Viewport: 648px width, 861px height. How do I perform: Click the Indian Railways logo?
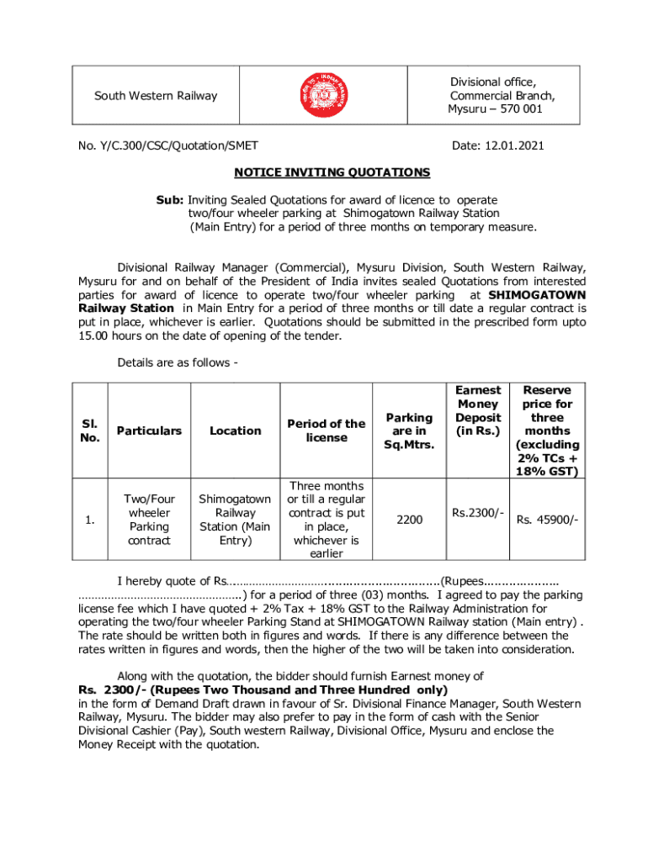click(324, 95)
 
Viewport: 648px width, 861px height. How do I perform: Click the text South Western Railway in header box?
click(156, 95)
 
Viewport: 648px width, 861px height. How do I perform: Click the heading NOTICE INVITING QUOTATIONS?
click(332, 172)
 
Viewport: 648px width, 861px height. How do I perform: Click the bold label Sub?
click(170, 200)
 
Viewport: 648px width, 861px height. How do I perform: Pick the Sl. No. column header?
click(90, 430)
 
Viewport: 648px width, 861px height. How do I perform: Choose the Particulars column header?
click(149, 430)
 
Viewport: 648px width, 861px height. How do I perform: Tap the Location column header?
click(235, 430)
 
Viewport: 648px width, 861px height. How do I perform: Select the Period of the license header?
click(326, 430)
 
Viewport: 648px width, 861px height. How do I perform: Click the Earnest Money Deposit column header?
click(478, 410)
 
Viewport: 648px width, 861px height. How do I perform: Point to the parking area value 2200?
click(410, 520)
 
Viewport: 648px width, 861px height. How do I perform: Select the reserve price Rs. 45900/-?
click(547, 520)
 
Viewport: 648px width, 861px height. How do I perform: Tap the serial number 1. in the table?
click(89, 520)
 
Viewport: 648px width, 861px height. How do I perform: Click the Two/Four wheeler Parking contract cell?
click(149, 520)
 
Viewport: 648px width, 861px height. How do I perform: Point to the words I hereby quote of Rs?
click(172, 581)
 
